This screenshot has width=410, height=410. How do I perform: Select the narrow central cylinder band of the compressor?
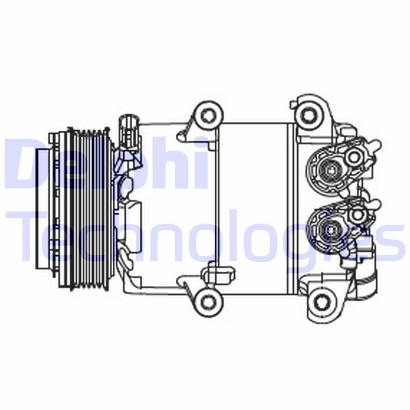251,208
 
